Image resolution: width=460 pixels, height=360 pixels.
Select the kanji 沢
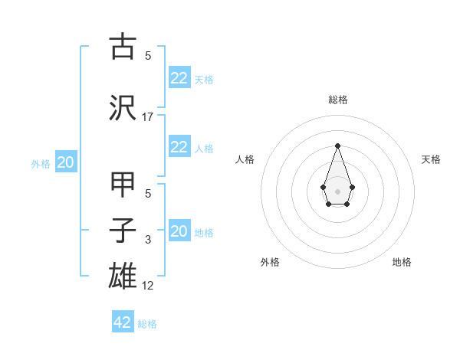pyautogui.click(x=123, y=107)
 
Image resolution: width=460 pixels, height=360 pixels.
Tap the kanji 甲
pyautogui.click(x=123, y=186)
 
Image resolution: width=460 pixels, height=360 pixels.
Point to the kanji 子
pyautogui.click(x=123, y=231)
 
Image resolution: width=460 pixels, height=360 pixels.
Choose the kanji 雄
pyautogui.click(x=123, y=274)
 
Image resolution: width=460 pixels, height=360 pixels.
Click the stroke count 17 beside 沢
pyautogui.click(x=148, y=117)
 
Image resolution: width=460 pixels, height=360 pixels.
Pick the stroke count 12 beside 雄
pyautogui.click(x=148, y=285)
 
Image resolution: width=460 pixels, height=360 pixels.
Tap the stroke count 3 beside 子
pyautogui.click(x=148, y=241)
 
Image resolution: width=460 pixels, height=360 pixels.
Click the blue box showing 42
pyautogui.click(x=122, y=322)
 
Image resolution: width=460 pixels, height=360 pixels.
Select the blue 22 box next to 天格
pyautogui.click(x=179, y=77)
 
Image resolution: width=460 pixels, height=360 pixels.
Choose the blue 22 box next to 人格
pyautogui.click(x=179, y=147)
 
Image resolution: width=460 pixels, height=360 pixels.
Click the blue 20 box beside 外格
pyautogui.click(x=66, y=162)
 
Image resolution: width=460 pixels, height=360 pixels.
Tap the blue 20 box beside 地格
pyautogui.click(x=179, y=231)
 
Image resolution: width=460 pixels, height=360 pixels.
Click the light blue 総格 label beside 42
pyautogui.click(x=147, y=324)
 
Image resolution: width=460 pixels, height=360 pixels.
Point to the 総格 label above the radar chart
pyautogui.click(x=337, y=100)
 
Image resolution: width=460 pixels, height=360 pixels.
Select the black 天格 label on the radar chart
pyautogui.click(x=431, y=159)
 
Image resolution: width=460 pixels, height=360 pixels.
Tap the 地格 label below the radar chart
pyautogui.click(x=402, y=262)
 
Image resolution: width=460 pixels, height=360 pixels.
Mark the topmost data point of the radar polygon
pyautogui.click(x=337, y=145)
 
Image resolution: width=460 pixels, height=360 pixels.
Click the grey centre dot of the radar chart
pyautogui.click(x=337, y=191)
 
